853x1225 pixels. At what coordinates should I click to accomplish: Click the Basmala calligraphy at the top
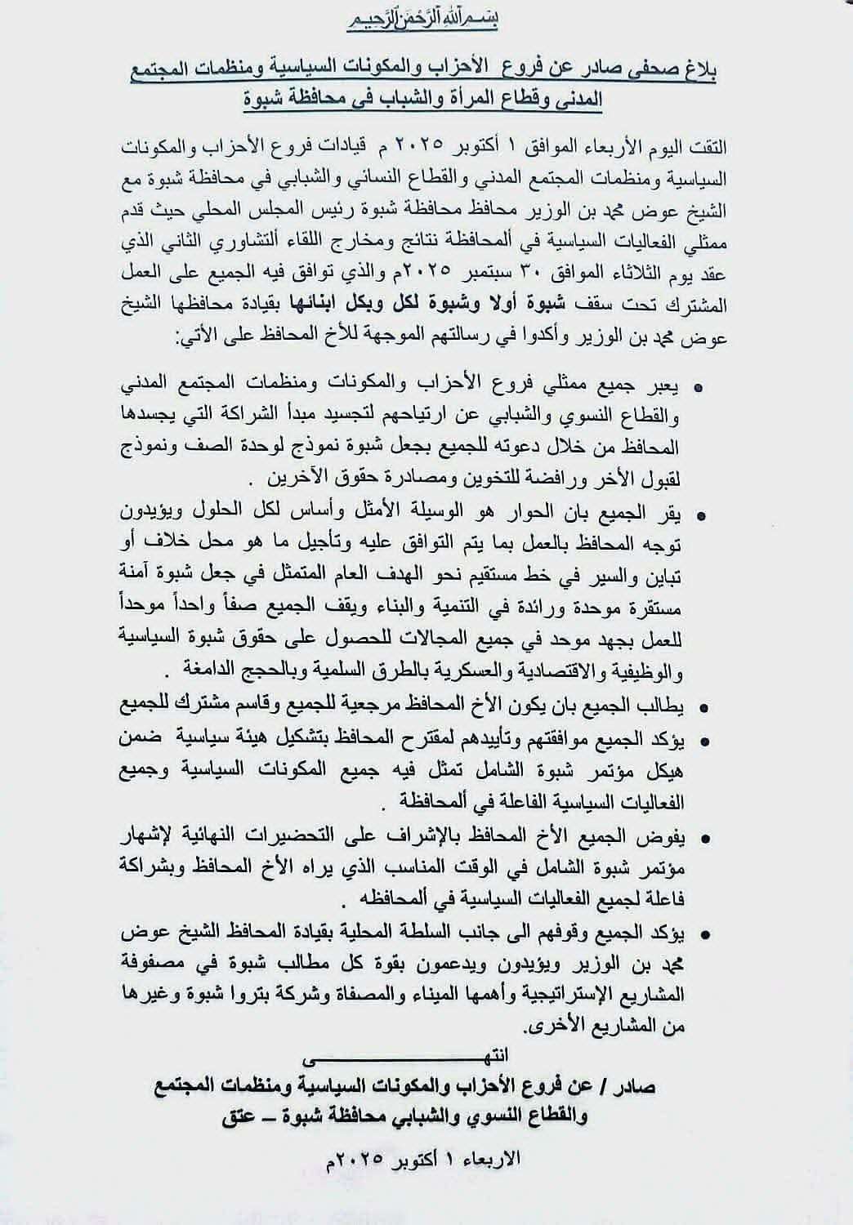point(426,18)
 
